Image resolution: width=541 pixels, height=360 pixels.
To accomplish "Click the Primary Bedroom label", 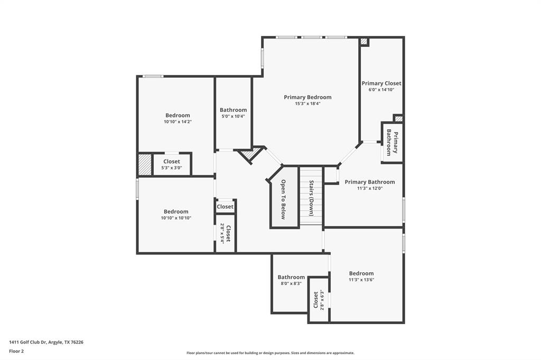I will pos(307,97).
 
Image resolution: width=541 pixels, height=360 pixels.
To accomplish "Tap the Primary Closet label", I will pos(381,83).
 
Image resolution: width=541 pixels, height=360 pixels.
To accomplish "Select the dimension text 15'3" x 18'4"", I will pos(307,104).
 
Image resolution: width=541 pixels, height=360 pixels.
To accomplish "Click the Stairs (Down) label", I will pos(312,198).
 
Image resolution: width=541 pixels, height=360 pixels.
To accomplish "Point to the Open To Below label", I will pos(283,199).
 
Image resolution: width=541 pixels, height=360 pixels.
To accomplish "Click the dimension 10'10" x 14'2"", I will pos(178,122).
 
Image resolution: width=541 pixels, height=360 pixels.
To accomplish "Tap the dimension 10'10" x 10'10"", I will pos(176,218).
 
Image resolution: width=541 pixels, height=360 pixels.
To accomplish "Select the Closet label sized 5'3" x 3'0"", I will pos(172,162).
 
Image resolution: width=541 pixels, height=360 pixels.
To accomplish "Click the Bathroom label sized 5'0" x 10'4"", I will pos(233,110).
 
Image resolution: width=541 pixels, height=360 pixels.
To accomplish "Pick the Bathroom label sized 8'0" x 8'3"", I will pos(291,277).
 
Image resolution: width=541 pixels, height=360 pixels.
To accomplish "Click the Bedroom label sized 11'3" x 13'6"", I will pos(361,273).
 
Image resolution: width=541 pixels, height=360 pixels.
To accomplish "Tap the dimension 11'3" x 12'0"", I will pos(370,188).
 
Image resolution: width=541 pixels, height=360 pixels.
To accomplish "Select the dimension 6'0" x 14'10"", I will pos(381,90).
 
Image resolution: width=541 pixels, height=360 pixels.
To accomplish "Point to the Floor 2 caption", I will pos(16,351).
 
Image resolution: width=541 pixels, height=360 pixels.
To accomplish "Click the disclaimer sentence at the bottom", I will pos(270,353).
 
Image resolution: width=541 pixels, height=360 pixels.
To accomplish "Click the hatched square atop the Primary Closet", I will pos(364,42).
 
